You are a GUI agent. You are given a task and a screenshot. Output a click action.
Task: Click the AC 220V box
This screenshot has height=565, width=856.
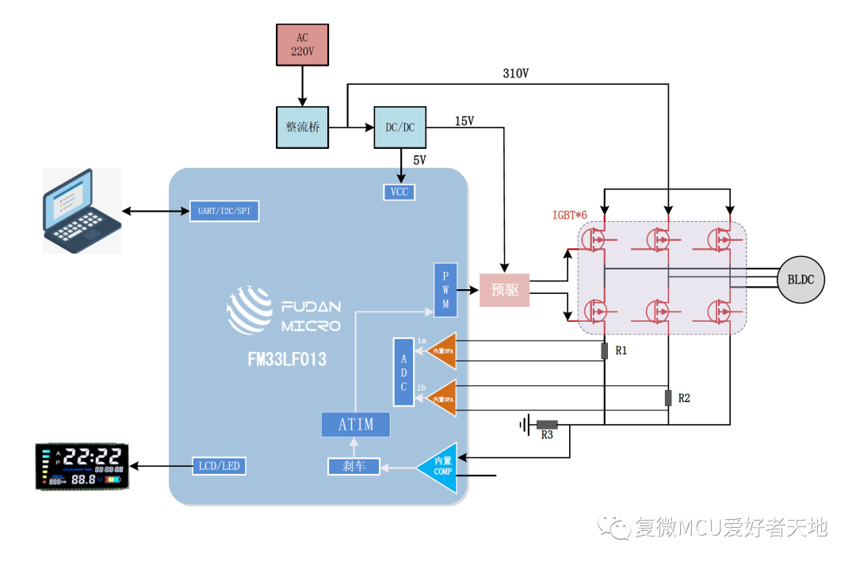point(302,44)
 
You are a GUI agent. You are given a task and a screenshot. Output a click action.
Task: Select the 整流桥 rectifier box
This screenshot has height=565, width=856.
point(302,127)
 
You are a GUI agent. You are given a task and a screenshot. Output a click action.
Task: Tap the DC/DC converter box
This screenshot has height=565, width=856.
point(399,127)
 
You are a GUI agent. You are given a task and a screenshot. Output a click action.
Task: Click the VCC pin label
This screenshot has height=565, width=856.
point(399,192)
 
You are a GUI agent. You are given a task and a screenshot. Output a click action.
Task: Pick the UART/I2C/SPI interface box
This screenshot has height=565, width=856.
point(224,212)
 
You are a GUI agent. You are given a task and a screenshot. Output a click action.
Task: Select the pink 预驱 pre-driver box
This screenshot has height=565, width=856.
point(504,290)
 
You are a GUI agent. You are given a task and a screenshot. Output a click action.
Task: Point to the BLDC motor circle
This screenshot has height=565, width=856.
point(801,280)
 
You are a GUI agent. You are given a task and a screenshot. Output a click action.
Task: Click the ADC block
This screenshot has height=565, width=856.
point(403,372)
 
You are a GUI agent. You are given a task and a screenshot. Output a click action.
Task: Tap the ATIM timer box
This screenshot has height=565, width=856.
point(356,424)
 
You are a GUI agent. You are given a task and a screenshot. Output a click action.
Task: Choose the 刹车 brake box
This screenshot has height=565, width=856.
point(353,467)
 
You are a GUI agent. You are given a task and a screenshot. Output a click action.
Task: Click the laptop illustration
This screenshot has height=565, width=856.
point(82,210)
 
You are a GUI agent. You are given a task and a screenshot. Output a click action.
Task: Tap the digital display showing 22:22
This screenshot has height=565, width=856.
point(82,467)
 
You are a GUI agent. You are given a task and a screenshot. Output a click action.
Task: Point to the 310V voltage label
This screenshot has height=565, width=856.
point(515,74)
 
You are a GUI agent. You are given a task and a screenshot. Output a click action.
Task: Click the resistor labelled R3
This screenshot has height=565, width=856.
point(547,425)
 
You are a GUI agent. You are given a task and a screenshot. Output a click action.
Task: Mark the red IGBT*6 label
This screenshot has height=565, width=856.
point(571,216)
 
